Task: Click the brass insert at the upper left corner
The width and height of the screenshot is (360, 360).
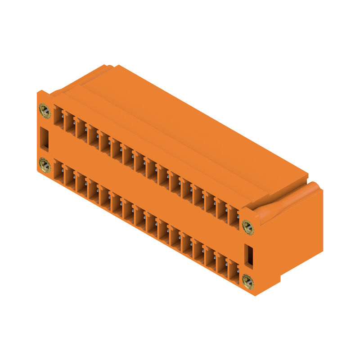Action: click(45, 109)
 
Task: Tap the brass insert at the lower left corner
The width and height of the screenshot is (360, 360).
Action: click(45, 165)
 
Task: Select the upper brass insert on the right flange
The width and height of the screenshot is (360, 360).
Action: click(247, 227)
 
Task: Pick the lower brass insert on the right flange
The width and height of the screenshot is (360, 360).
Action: click(247, 282)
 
